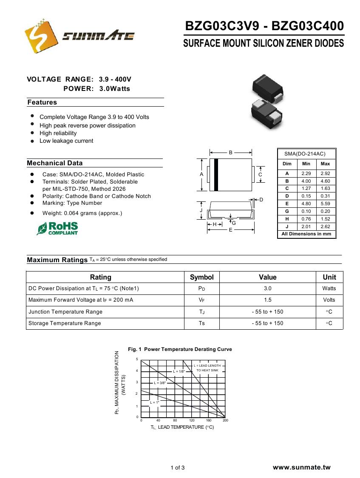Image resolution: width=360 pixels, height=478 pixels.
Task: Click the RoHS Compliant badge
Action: point(58,228)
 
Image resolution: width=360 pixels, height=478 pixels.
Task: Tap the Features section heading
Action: point(42,102)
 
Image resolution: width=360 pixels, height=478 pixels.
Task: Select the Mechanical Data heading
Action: point(55,163)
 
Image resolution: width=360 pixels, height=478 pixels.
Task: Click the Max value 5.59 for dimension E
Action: point(325,204)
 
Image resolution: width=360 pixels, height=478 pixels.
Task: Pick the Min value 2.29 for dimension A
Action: point(306,173)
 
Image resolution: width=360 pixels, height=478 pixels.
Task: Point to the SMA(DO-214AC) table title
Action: point(305,154)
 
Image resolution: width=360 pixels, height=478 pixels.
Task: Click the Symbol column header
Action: point(201,277)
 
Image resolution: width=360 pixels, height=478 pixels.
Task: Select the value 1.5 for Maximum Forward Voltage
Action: point(267,300)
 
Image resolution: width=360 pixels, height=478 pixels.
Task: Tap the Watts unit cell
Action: point(329,288)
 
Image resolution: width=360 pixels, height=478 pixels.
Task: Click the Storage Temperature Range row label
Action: point(65,323)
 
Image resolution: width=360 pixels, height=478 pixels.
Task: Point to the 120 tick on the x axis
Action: point(192,420)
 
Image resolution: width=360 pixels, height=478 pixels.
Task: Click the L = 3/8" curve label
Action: point(160,383)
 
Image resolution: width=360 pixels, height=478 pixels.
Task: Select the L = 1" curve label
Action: point(154,402)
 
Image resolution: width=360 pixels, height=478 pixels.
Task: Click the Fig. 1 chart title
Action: point(180,349)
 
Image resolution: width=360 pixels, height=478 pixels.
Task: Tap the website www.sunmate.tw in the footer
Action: point(301,467)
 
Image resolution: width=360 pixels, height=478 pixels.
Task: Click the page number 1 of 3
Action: point(178,468)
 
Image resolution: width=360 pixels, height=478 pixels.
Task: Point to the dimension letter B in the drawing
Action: point(231,152)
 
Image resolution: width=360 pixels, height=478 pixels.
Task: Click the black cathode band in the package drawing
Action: point(216,175)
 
